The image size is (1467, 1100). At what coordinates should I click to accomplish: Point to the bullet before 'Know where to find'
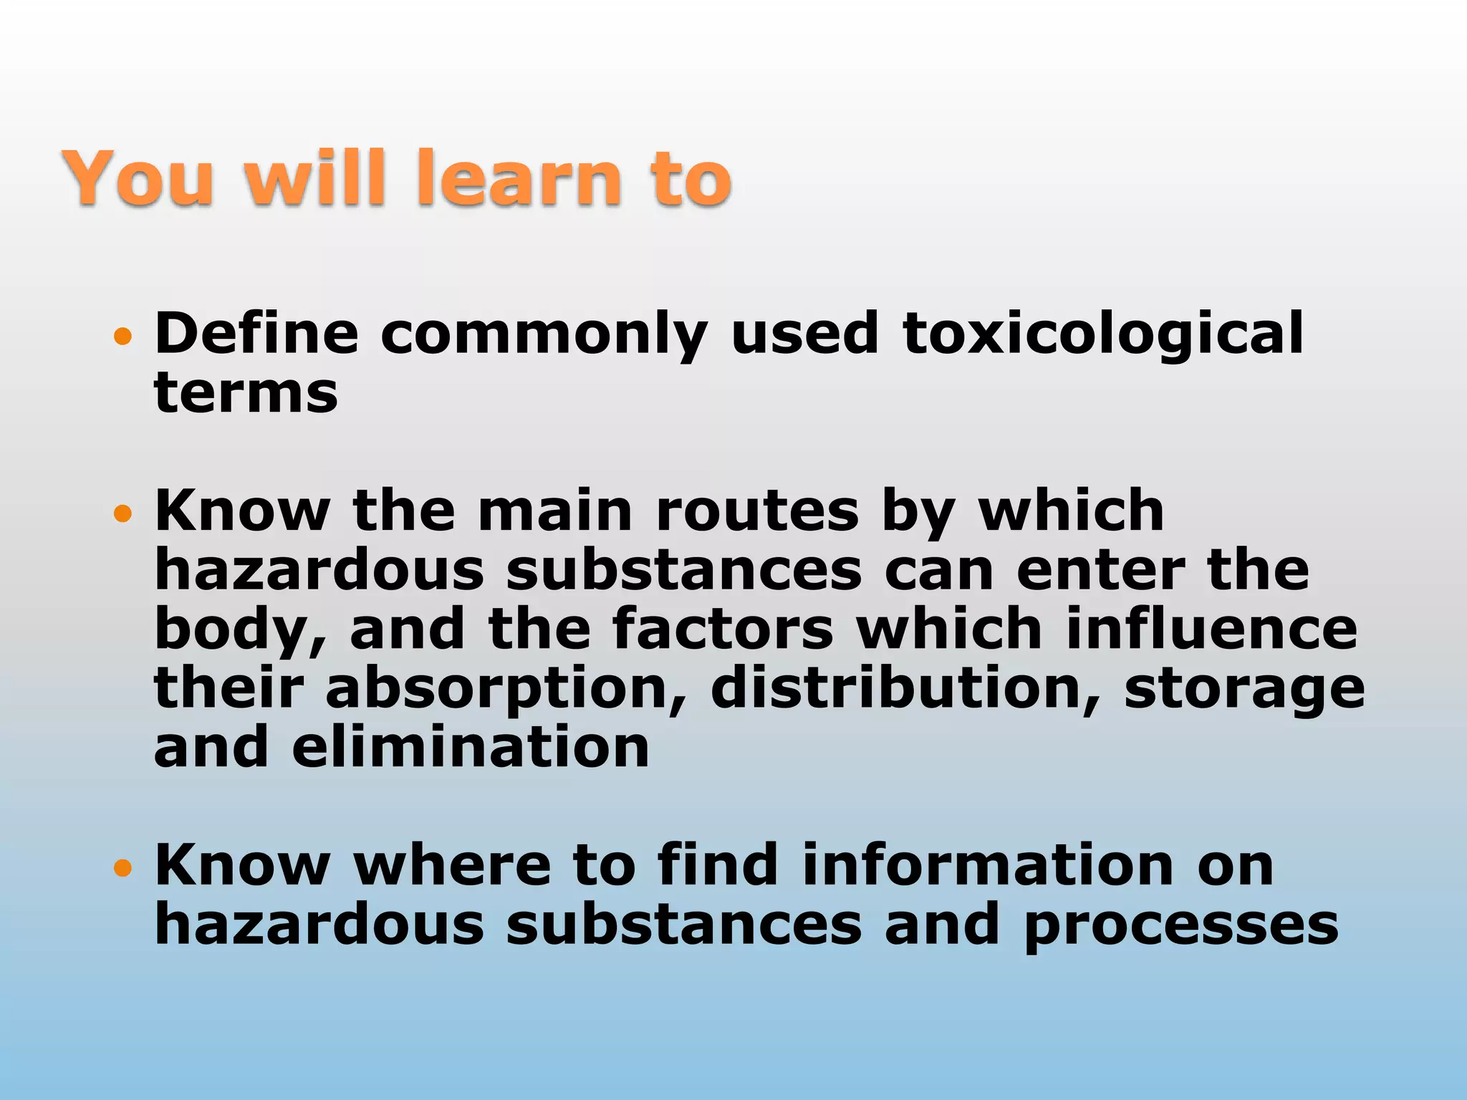123,868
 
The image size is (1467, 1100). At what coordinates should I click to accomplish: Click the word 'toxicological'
1103,334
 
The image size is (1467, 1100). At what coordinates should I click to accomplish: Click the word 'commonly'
544,335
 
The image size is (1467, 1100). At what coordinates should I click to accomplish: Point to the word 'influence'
1211,629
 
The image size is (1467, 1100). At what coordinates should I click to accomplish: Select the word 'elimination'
471,748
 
